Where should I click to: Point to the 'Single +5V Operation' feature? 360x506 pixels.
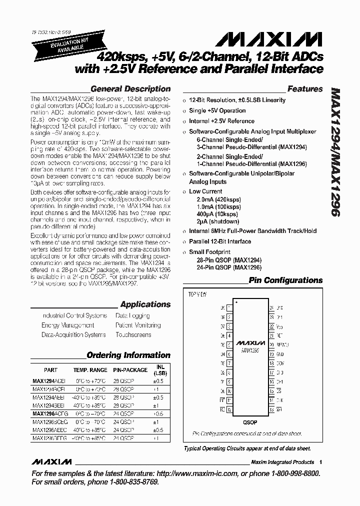[x=217, y=110]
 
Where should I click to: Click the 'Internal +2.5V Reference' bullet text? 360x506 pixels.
[x=221, y=121]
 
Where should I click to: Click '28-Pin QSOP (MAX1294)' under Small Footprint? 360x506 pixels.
[x=229, y=260]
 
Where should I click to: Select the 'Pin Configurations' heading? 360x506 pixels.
[x=285, y=280]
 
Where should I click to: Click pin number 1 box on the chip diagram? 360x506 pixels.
[x=228, y=308]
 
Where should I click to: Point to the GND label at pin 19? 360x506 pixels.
[x=279, y=354]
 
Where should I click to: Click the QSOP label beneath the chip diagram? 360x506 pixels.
[x=249, y=422]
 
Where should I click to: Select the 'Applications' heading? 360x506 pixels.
[x=145, y=304]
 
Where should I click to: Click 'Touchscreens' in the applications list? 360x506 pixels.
[x=133, y=334]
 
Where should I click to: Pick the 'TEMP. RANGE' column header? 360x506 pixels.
[x=90, y=370]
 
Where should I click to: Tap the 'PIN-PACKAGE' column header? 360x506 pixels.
[x=130, y=370]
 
